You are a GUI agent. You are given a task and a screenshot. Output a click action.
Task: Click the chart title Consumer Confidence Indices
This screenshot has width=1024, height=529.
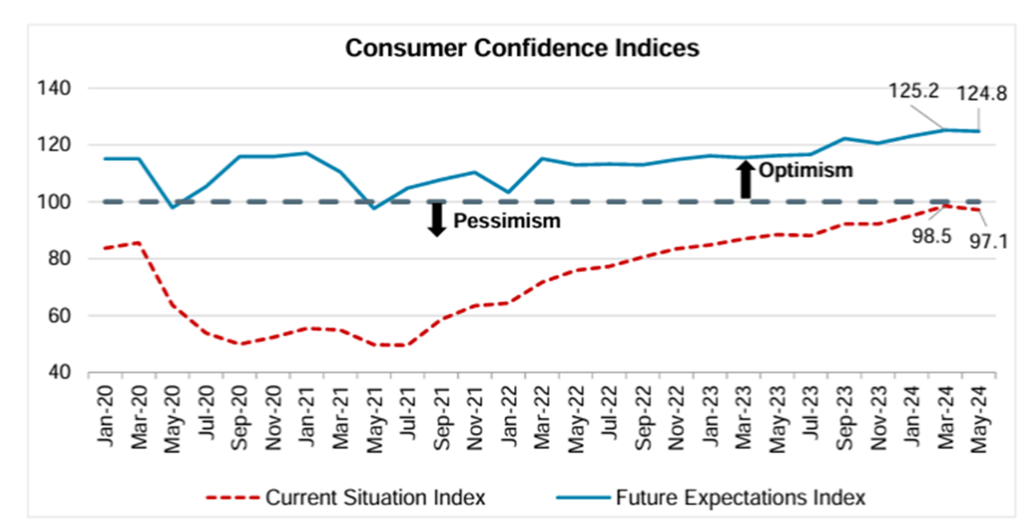[x=522, y=48]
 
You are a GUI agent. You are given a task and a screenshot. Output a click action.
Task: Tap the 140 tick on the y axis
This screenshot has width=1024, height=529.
[x=53, y=88]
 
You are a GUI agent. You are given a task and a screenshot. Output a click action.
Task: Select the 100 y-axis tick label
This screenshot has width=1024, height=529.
[x=53, y=201]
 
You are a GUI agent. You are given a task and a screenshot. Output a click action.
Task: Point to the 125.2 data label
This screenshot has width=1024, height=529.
[x=915, y=91]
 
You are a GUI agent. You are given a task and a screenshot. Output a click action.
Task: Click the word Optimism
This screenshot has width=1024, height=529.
[x=805, y=170]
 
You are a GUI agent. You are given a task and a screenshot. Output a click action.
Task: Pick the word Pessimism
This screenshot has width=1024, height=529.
[x=506, y=221]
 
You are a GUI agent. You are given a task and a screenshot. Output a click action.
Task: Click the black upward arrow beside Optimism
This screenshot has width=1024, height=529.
[x=745, y=179]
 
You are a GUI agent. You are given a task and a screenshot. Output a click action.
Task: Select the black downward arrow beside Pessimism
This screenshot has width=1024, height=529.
[x=435, y=221]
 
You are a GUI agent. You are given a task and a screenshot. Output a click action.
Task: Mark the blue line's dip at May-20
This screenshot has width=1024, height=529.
[x=173, y=207]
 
